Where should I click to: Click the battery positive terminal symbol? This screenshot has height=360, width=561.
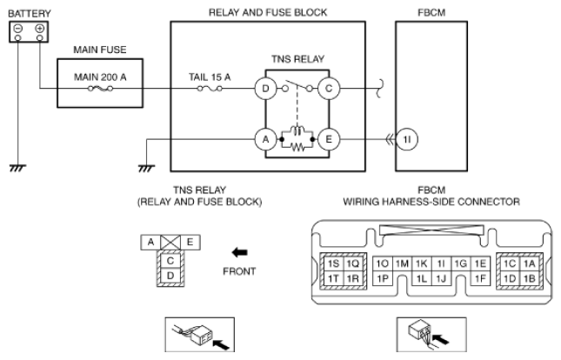40,29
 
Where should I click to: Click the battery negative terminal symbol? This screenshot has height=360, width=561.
18,29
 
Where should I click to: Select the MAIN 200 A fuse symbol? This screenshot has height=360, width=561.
100,89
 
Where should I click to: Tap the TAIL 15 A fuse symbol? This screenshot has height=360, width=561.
210,89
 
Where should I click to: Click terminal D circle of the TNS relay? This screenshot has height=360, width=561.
265,89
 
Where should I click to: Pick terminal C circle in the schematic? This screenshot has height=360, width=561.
329,89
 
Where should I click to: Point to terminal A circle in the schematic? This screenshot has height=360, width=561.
265,139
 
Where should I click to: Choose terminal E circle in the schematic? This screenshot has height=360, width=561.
329,139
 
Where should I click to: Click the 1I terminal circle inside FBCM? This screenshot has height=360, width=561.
407,139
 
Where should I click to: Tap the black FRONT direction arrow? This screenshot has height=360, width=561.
239,253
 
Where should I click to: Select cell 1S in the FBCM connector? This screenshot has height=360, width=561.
333,263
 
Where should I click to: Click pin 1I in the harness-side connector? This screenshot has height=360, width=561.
441,263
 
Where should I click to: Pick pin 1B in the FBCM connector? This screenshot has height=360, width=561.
529,278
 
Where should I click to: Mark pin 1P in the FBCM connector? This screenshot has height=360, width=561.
383,278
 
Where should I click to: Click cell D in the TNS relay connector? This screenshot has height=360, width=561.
170,276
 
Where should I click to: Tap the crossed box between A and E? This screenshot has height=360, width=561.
170,243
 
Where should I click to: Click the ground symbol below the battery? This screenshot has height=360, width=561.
17,168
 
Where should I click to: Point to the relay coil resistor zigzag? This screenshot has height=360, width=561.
297,147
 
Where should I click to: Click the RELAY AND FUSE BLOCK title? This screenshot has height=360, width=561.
268,13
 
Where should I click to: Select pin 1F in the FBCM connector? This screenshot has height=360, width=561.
480,278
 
